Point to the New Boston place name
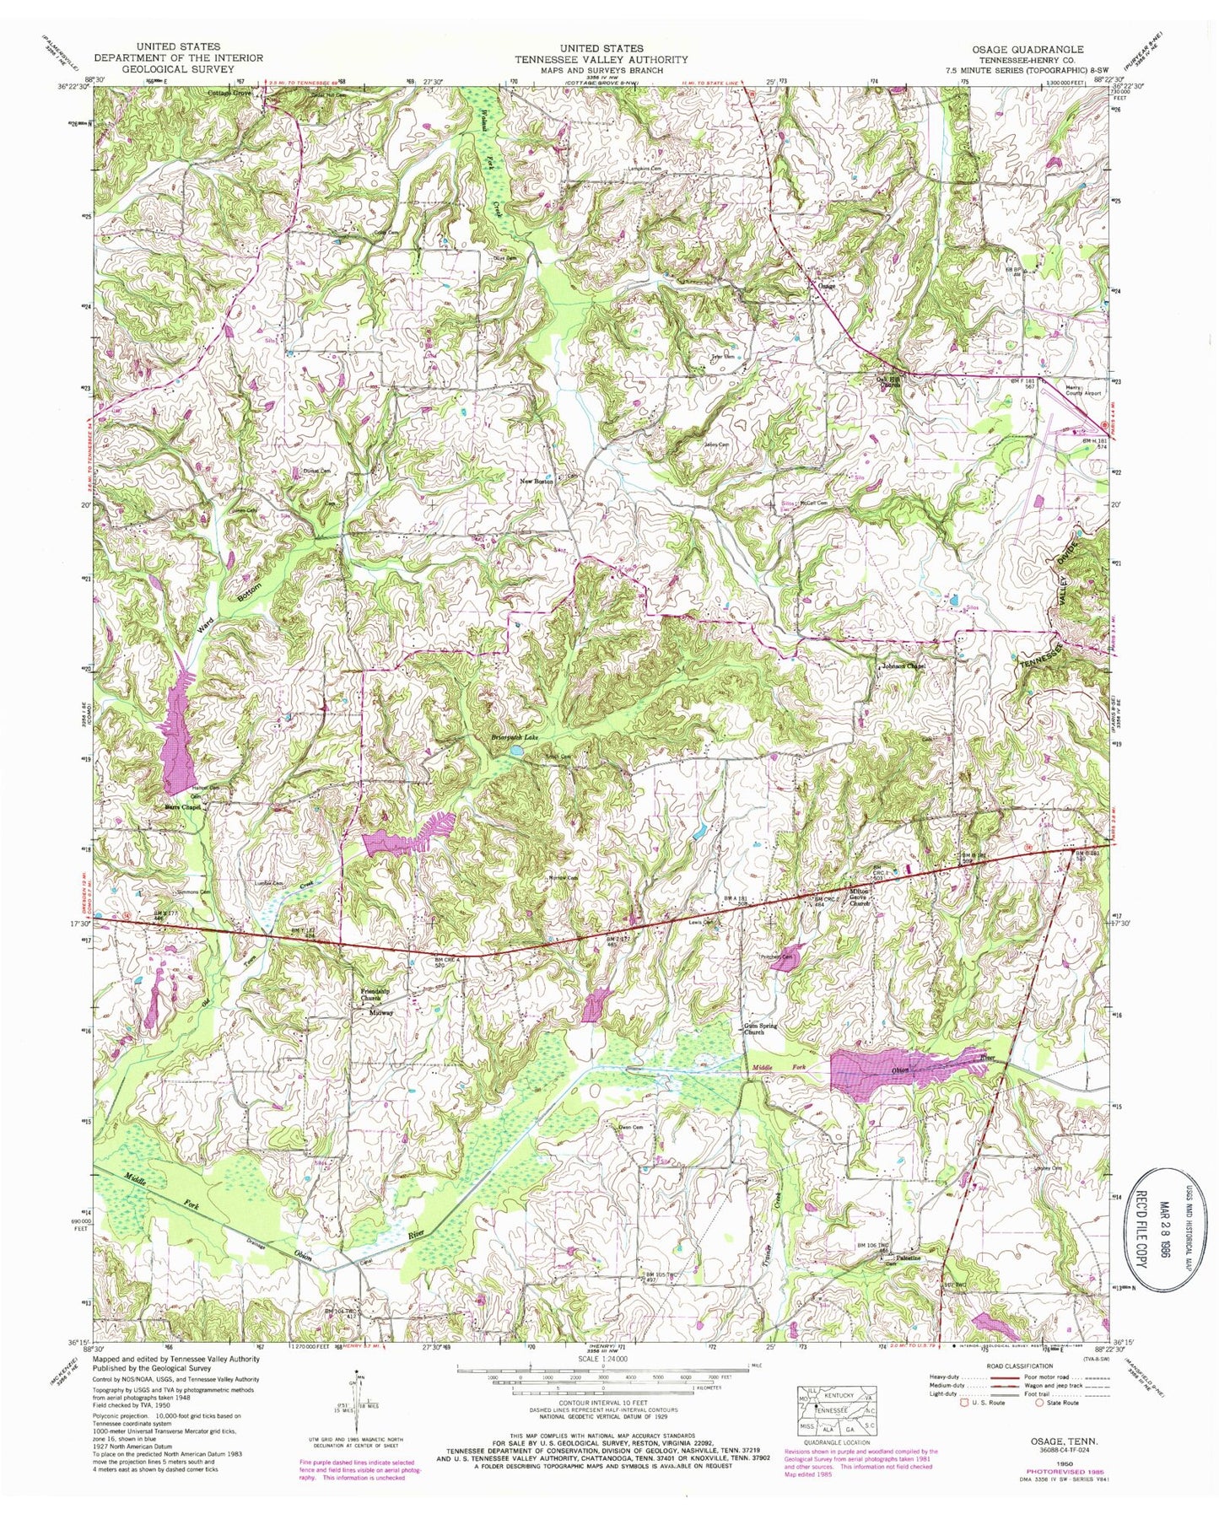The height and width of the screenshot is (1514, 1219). point(537,482)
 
